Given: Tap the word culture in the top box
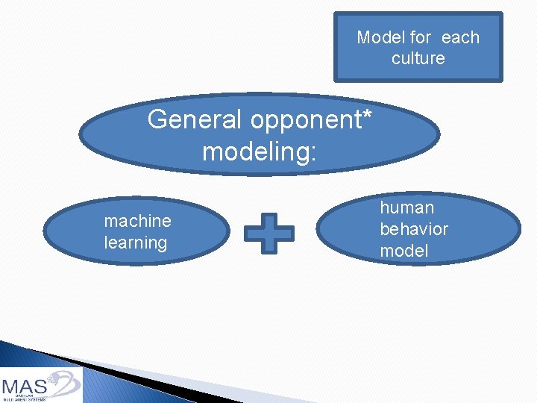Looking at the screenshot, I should [418, 58].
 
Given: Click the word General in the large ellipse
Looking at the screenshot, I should [195, 119].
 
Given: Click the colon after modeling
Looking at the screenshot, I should [313, 153].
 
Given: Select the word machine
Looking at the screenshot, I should [137, 221].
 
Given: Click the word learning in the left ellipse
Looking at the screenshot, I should [136, 243].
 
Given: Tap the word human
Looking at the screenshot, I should [406, 207].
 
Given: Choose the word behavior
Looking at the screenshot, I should [414, 229].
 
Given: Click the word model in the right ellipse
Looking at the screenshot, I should [404, 251].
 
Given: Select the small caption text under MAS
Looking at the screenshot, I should [24, 398].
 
